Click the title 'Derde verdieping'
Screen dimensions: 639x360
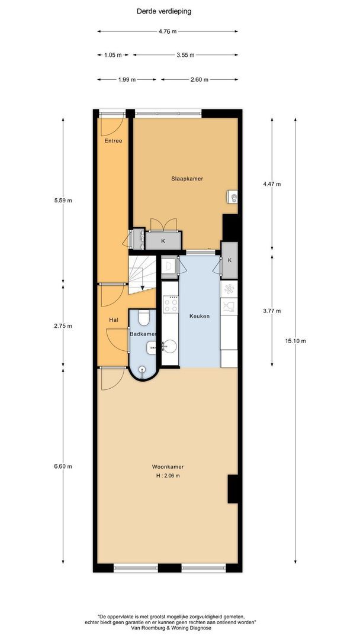click(x=168, y=11)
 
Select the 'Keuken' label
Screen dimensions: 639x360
click(x=200, y=317)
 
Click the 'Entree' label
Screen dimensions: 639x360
click(x=113, y=141)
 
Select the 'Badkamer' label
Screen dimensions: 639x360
click(x=143, y=334)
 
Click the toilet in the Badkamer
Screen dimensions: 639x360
click(x=143, y=319)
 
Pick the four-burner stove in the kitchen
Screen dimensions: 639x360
click(x=171, y=305)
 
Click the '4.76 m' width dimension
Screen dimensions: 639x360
click(x=168, y=31)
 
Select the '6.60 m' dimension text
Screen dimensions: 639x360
click(x=62, y=466)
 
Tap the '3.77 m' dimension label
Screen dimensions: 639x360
click(x=272, y=311)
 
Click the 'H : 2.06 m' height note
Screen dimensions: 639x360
click(x=168, y=476)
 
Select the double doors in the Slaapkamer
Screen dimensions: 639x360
click(x=163, y=224)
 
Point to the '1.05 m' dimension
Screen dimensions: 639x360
click(x=112, y=55)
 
